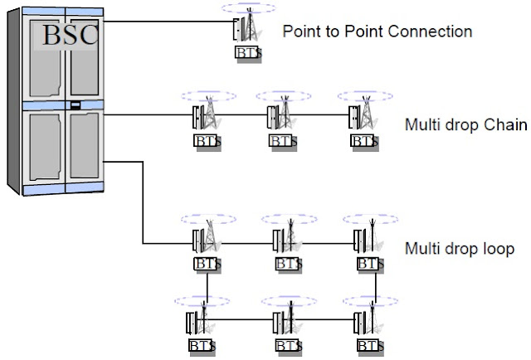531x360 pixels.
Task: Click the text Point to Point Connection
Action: [378, 32]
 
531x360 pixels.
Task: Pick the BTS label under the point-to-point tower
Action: [245, 54]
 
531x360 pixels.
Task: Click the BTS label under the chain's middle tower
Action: [279, 141]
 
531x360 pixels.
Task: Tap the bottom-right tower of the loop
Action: [366, 319]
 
